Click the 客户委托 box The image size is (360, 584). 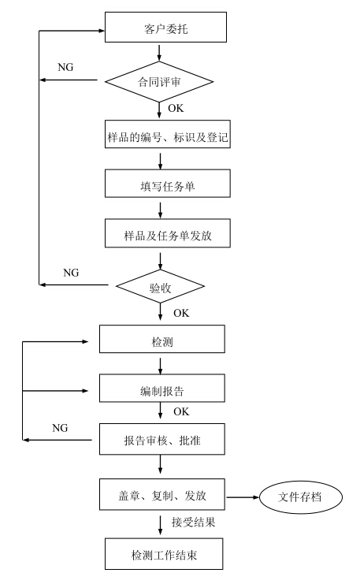click(165, 27)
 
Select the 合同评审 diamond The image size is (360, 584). click(159, 81)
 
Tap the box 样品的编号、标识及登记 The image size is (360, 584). click(168, 134)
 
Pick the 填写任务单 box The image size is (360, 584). click(168, 184)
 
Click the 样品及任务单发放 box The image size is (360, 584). click(168, 233)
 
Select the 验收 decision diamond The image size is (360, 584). click(161, 286)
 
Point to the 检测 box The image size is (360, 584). click(162, 339)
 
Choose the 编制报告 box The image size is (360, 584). click(162, 388)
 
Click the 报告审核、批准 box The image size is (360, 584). click(162, 439)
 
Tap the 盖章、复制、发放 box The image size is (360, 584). click(162, 494)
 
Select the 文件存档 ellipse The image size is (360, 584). click(300, 497)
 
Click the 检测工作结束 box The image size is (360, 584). click(164, 554)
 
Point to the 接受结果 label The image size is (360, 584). click(194, 523)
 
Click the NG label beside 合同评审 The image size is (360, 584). click(65, 67)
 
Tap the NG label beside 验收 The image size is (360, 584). click(71, 273)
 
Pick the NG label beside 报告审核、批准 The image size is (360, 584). click(60, 428)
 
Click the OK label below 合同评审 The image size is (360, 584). click(176, 108)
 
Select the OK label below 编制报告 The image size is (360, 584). click(181, 411)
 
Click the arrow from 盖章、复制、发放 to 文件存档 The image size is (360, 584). click(243, 497)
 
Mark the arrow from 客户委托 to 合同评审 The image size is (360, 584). click(160, 53)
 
